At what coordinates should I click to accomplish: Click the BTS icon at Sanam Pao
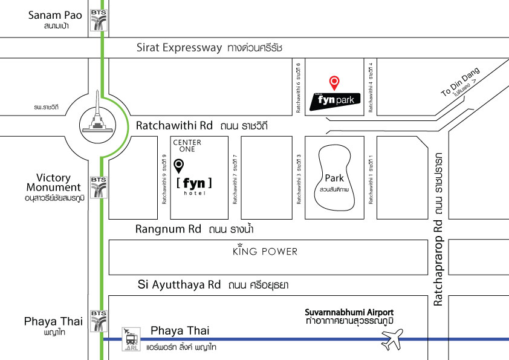coord(97,19)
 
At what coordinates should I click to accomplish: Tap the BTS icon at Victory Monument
coord(97,187)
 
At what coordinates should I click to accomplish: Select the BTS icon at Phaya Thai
coord(97,321)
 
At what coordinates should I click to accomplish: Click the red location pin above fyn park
coord(334,82)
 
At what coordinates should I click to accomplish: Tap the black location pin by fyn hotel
coord(179,165)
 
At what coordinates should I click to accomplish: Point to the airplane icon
coord(393,340)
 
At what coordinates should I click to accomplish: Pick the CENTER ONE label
coord(187,145)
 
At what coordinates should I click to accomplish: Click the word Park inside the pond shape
coord(334,178)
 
